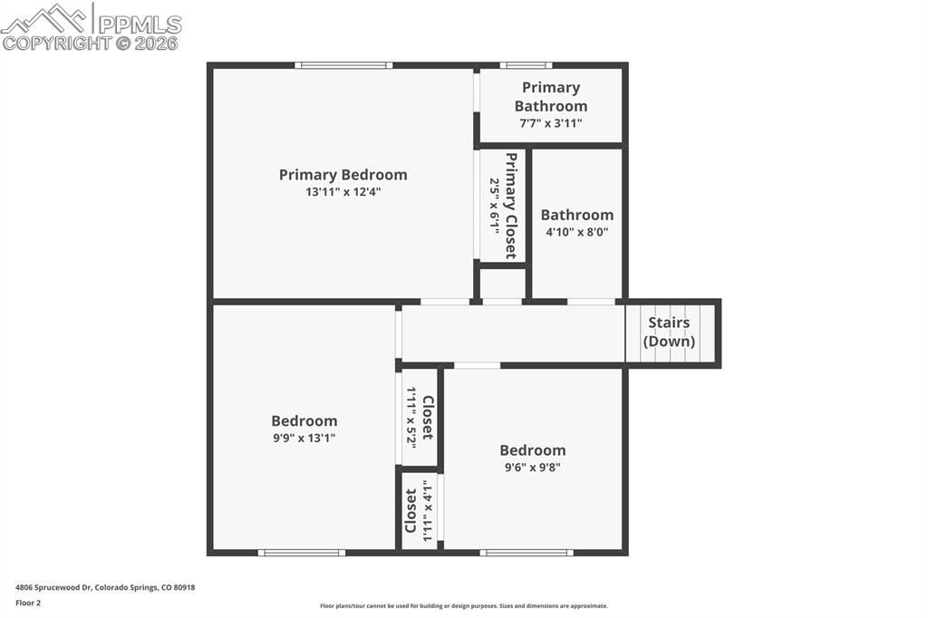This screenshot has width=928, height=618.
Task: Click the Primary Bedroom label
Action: coord(343,175)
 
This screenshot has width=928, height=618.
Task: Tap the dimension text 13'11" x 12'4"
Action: coord(343,192)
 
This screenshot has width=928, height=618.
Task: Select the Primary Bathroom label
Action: coord(551,96)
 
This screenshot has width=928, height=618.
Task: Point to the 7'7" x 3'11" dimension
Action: coord(551,123)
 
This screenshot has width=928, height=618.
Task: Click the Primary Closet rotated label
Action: coord(511,206)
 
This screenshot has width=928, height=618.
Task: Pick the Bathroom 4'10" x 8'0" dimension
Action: coord(576,232)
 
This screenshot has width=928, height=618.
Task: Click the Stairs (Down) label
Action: coord(669,332)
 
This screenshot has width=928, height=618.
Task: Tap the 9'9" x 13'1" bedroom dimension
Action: coord(304,438)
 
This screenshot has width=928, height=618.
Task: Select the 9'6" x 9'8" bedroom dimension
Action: coord(533,468)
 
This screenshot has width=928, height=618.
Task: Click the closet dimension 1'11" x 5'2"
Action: coord(411,418)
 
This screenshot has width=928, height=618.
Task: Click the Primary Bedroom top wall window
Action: coord(343,65)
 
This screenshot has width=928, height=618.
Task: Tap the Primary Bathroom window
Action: coord(526,65)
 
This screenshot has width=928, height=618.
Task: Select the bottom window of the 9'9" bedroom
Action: coord(301,552)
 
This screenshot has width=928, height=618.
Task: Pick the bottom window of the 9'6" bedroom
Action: coord(527,552)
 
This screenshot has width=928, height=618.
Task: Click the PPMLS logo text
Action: coord(139,24)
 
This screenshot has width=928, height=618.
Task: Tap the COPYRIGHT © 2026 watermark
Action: coord(90,43)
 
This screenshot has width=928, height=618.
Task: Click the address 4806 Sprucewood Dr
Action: coord(105,587)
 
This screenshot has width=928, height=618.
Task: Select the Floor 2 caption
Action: coord(28,603)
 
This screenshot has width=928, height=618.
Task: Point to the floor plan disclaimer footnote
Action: coord(463,606)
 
